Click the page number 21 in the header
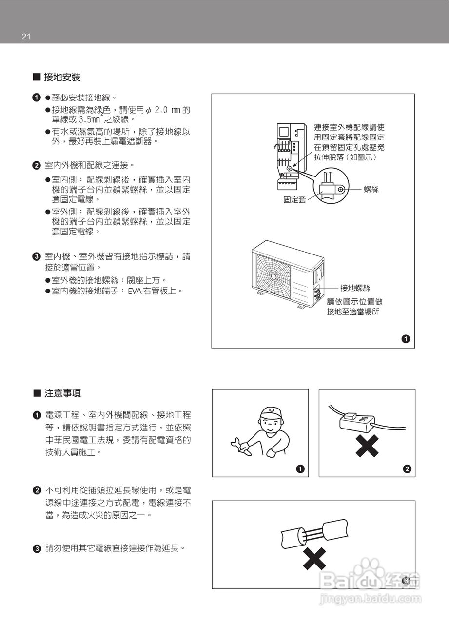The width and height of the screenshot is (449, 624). [x=26, y=37]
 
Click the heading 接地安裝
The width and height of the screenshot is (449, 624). [x=62, y=77]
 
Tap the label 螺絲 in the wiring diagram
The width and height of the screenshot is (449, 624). [x=371, y=189]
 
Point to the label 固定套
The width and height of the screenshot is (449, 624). [x=295, y=200]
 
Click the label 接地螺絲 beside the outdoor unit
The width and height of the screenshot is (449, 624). [x=355, y=288]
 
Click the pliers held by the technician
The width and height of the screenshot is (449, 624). [x=240, y=445]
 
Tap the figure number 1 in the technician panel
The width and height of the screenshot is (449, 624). [x=301, y=469]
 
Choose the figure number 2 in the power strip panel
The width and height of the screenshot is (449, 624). [x=407, y=469]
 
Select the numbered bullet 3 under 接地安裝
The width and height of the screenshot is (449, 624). [x=36, y=256]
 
